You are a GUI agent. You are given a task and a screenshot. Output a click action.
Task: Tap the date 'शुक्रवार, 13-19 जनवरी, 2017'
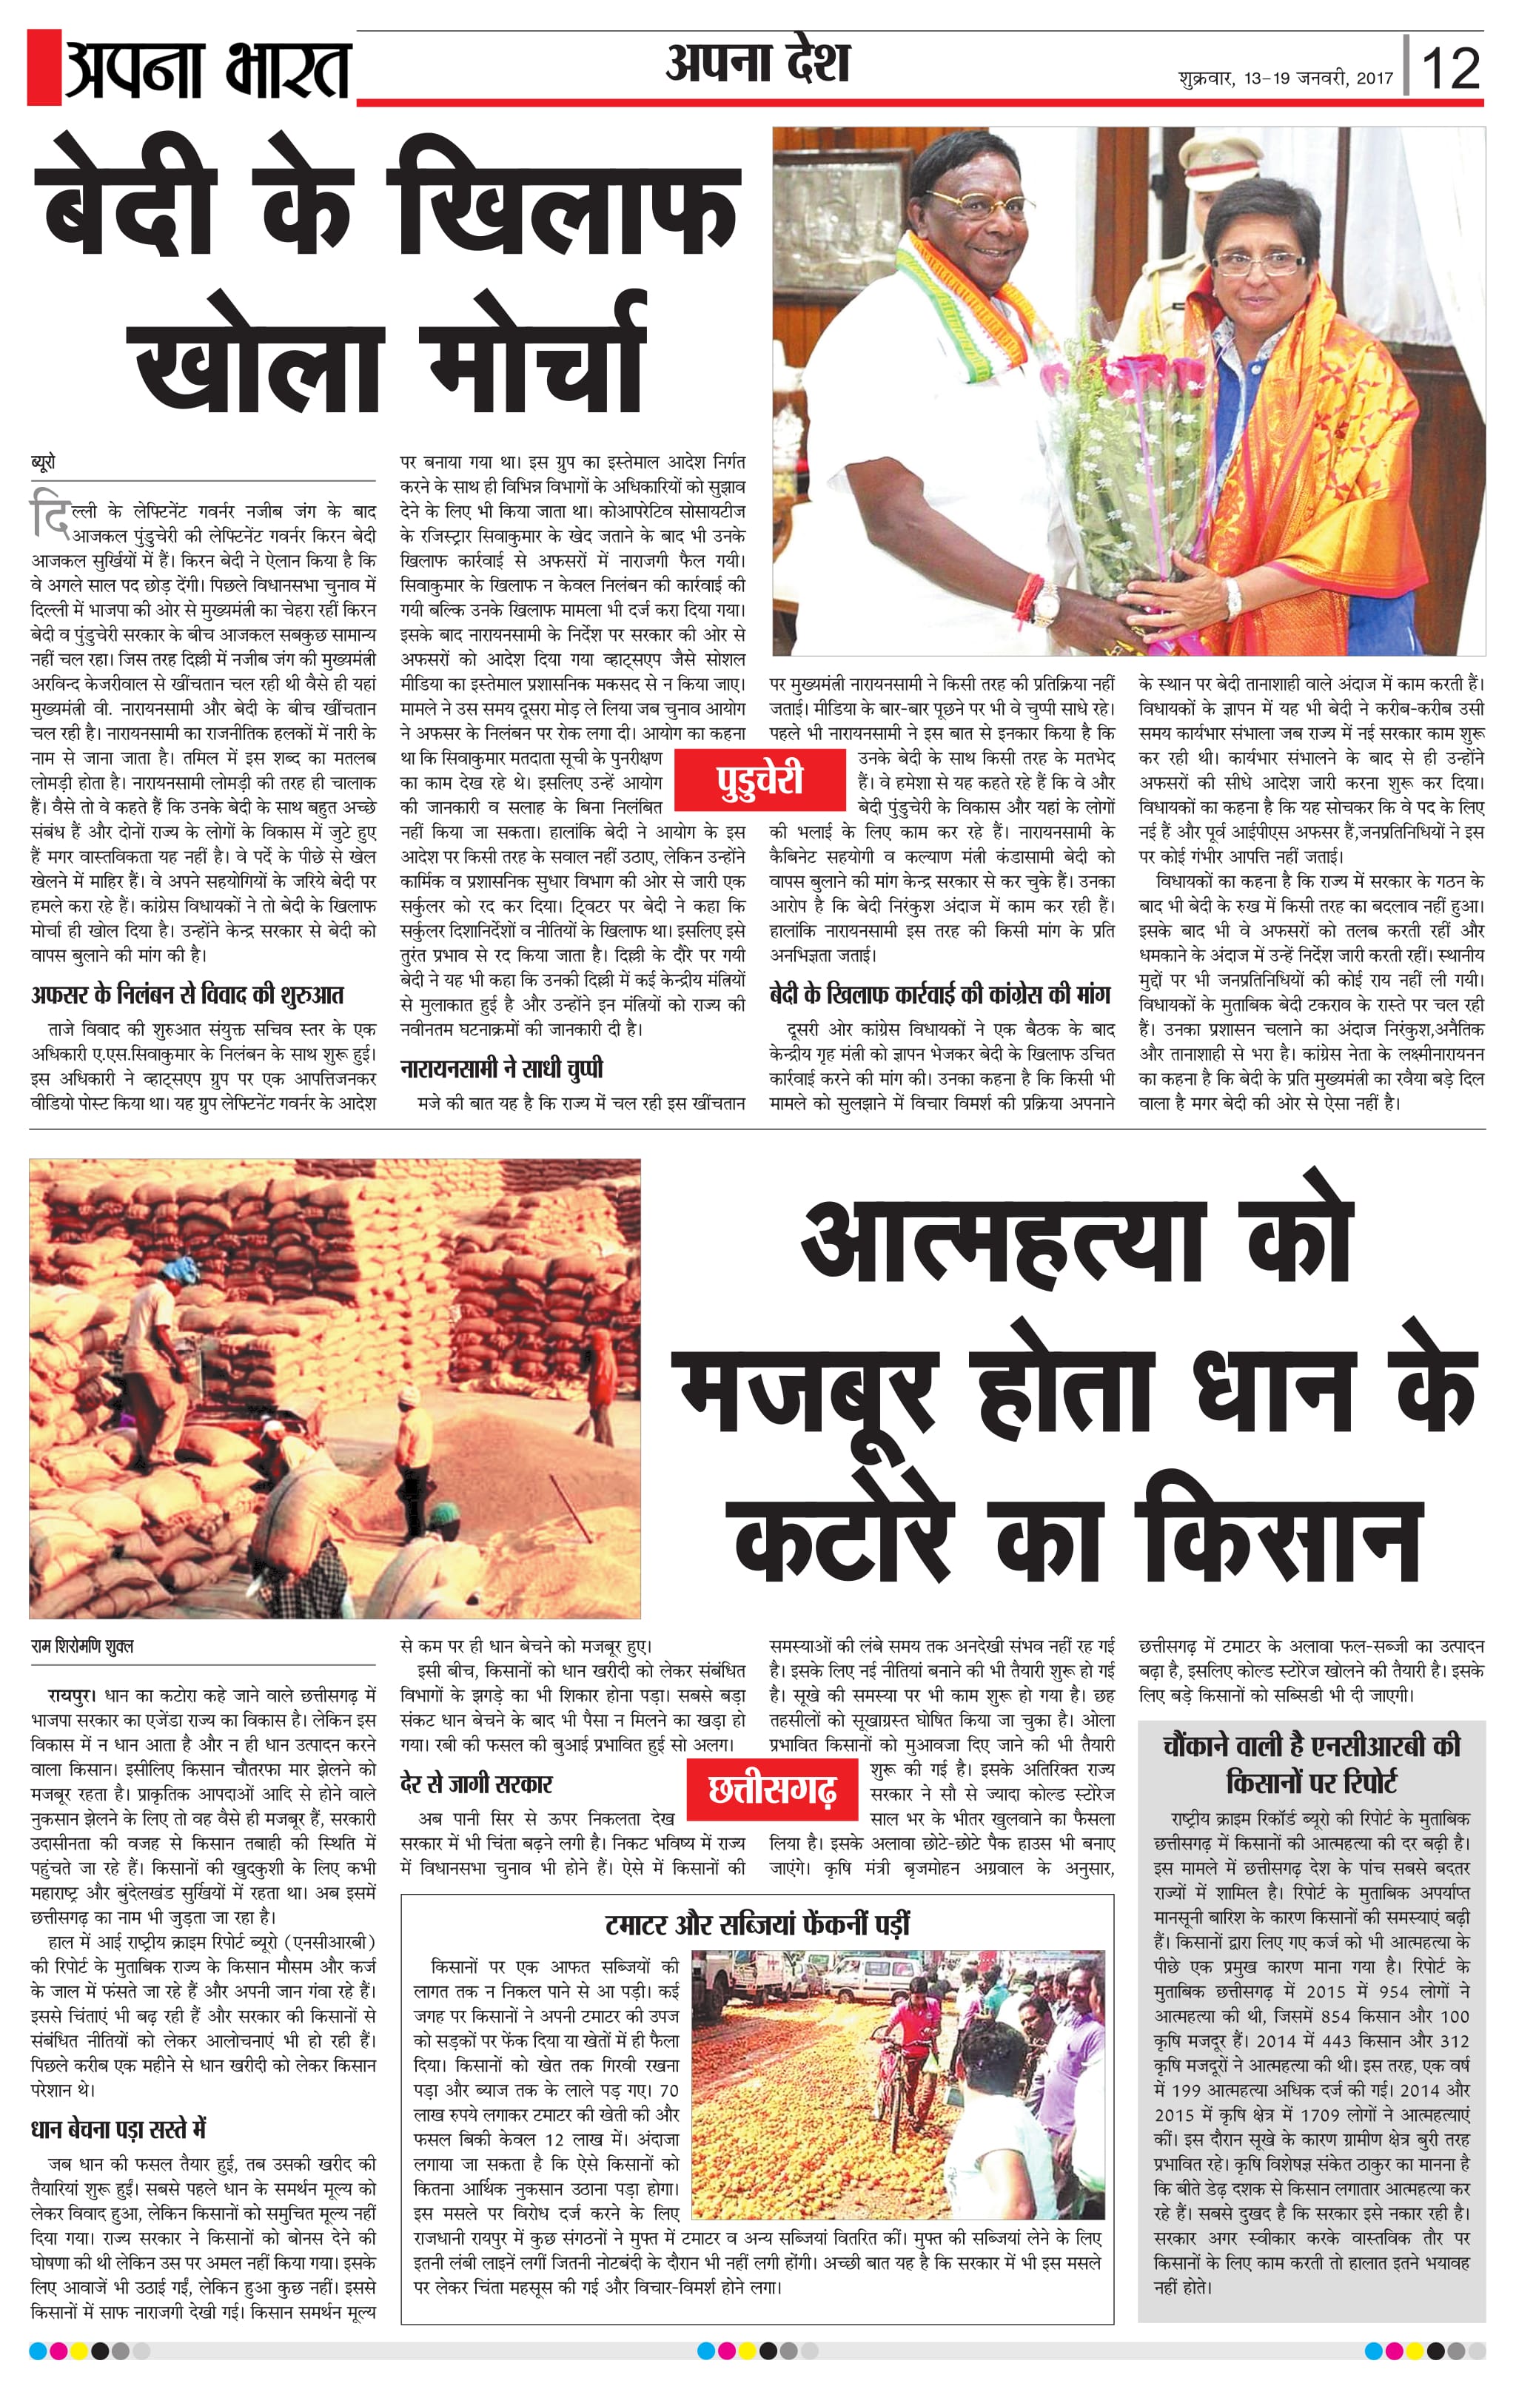1285,78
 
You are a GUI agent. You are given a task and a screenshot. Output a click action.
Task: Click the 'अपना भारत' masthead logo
207,70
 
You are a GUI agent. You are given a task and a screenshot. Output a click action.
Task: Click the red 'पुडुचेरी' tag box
760,780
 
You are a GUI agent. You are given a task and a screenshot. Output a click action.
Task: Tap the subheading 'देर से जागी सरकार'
475,1783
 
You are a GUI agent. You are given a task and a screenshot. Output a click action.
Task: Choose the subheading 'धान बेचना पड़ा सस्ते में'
118,2129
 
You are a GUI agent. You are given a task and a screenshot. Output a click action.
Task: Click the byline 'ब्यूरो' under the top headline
44,463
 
